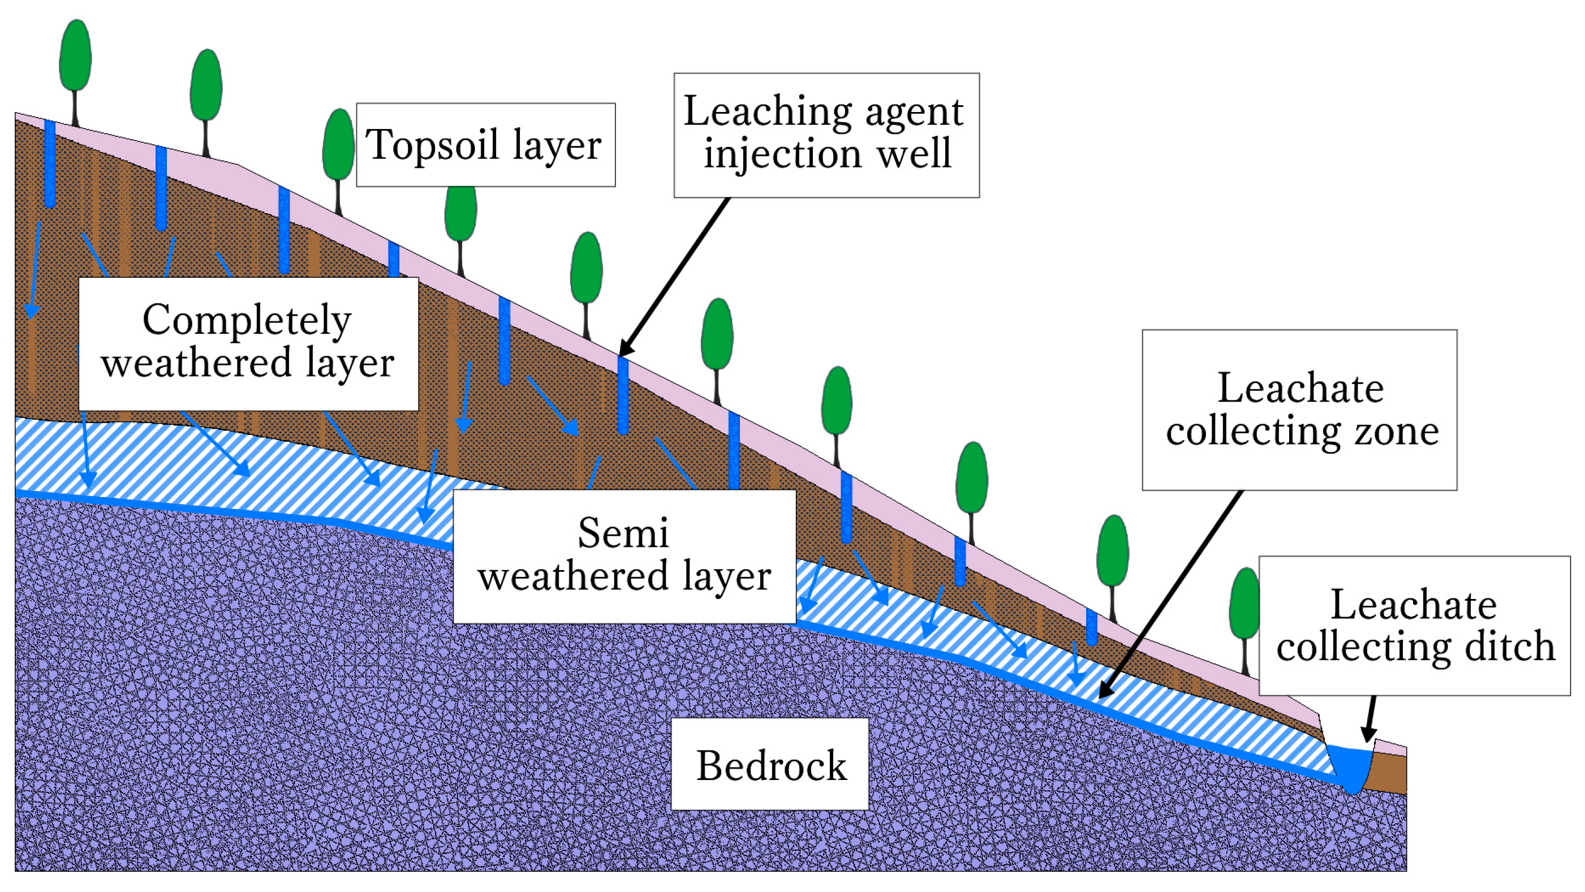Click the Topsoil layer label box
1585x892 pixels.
[485, 145]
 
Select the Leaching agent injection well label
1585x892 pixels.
[826, 135]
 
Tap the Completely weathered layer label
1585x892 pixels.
[248, 343]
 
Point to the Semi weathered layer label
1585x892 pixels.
[624, 556]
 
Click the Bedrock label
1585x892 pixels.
[769, 764]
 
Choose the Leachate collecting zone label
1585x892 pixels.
[1299, 410]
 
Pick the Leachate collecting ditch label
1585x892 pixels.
[1414, 626]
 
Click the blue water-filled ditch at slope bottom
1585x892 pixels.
[1351, 768]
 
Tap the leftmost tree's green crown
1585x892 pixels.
[75, 55]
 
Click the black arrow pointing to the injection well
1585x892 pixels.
[674, 277]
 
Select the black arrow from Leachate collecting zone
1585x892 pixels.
[1169, 597]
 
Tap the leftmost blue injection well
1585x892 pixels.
[50, 163]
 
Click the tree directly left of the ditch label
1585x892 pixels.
[1243, 606]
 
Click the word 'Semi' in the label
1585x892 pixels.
[623, 533]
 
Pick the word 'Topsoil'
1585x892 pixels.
[432, 145]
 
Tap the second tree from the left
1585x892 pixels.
[205, 86]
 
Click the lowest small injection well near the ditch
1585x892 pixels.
[1091, 626]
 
